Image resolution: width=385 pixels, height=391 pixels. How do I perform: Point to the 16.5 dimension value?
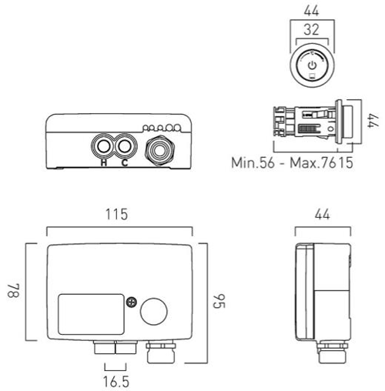[x=115, y=380]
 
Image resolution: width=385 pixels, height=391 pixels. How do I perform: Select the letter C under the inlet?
[x=124, y=162]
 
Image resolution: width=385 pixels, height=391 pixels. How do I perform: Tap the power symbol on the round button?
[x=312, y=65]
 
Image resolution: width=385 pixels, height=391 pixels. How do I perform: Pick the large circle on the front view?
[x=153, y=312]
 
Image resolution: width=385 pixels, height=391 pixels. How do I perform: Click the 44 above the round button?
[x=312, y=10]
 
